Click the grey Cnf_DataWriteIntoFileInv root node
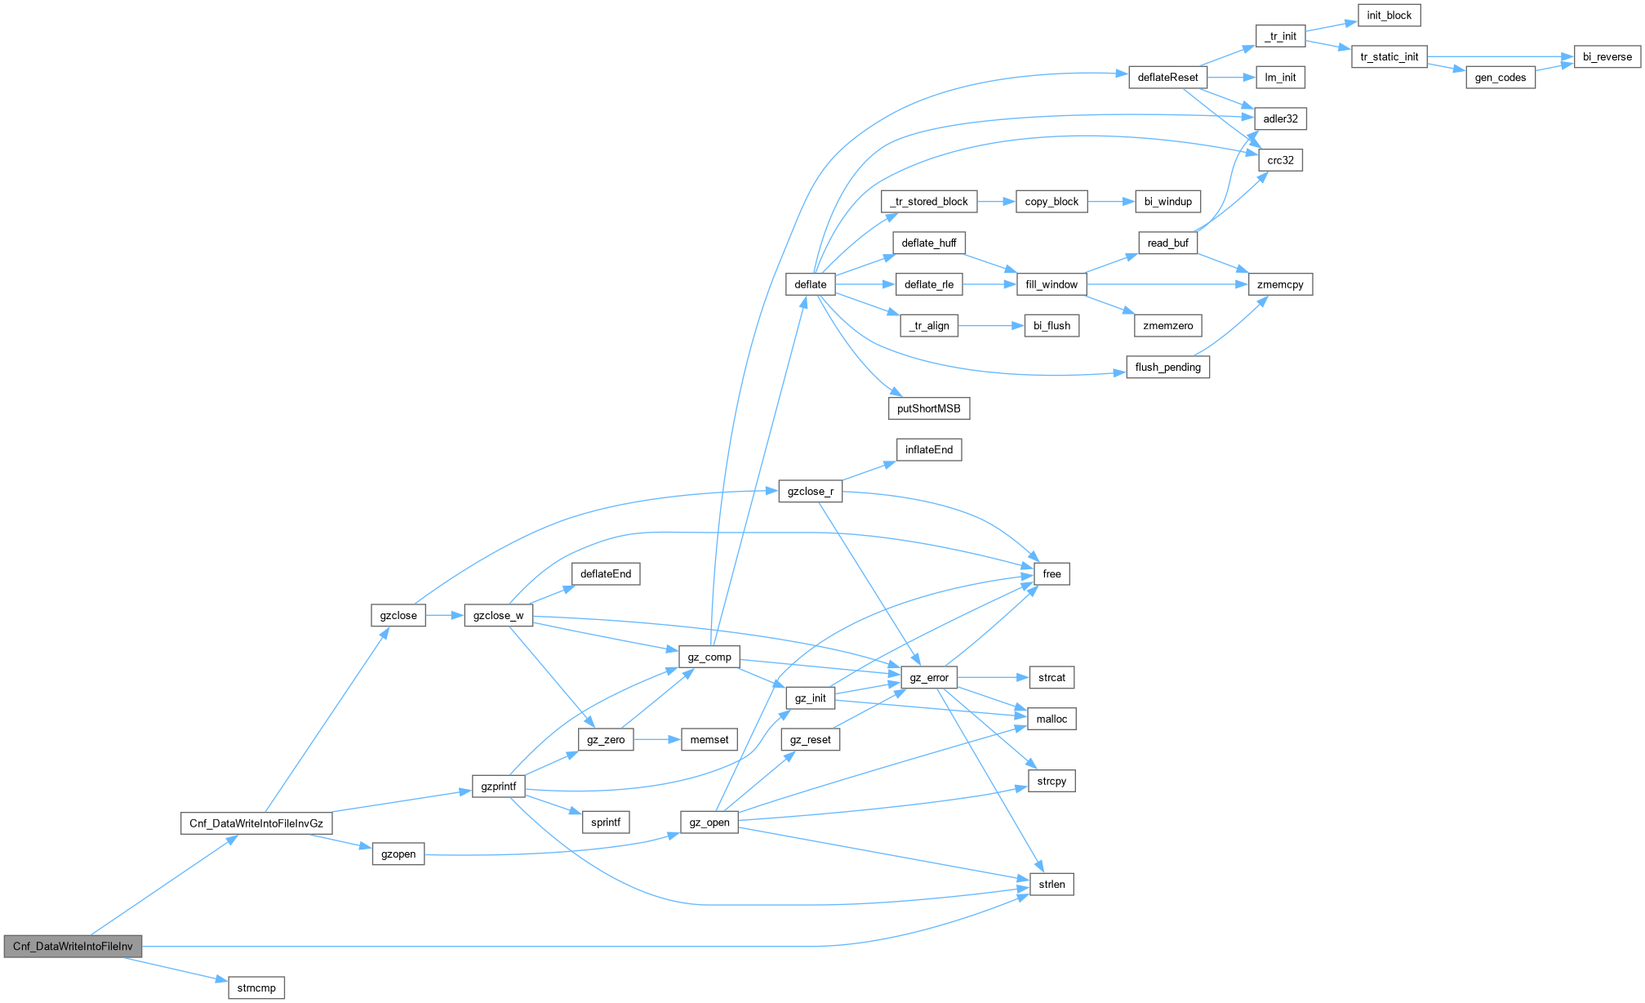click(73, 946)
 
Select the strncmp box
click(256, 987)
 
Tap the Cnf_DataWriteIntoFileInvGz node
click(256, 822)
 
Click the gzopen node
click(398, 854)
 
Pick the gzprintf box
click(499, 787)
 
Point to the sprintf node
click(606, 822)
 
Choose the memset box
click(709, 739)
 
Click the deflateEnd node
click(606, 573)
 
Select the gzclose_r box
click(811, 491)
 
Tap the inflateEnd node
click(929, 449)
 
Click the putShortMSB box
click(929, 408)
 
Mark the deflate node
click(811, 284)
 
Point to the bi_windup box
click(1168, 201)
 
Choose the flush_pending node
click(1168, 367)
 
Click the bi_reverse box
click(1607, 56)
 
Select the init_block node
click(1389, 15)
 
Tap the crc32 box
click(1281, 160)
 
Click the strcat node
click(1052, 677)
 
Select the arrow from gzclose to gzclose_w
click(445, 615)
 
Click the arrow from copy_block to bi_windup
click(1111, 201)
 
